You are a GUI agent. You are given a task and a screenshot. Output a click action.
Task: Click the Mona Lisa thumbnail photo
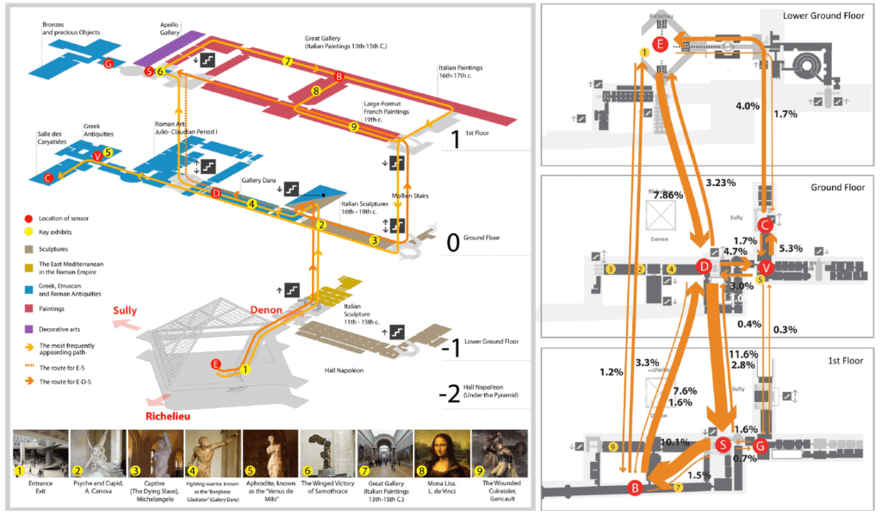[x=442, y=453]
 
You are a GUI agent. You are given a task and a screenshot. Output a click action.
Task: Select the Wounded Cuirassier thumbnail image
[x=499, y=453]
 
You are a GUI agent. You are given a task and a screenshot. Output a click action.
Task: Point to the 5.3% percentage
[x=790, y=248]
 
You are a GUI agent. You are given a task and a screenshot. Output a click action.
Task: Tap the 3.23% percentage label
[x=721, y=183]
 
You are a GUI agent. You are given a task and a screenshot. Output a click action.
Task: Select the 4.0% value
[x=747, y=106]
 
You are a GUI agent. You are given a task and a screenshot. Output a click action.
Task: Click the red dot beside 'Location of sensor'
[x=28, y=219]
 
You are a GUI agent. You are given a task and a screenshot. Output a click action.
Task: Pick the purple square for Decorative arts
[x=28, y=327]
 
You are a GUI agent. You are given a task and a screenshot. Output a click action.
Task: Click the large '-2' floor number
[x=449, y=395]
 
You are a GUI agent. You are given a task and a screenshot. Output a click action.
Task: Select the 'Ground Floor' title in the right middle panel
[x=838, y=187]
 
